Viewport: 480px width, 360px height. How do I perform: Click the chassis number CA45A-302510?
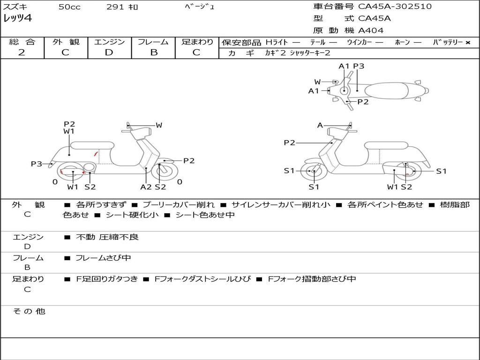(395, 7)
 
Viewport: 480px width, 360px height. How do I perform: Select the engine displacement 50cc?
(69, 7)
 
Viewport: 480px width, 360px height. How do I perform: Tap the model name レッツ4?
(17, 19)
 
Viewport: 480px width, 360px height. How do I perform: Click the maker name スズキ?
(15, 7)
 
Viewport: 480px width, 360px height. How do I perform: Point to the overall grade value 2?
(22, 52)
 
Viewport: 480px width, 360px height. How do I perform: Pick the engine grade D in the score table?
(109, 52)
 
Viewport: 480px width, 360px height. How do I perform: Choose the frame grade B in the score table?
(153, 52)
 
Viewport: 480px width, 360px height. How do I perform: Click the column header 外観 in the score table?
(66, 42)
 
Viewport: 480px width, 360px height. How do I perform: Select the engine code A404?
(371, 30)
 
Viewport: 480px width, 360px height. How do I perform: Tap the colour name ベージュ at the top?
(200, 7)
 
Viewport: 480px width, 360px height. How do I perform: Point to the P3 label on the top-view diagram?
(359, 66)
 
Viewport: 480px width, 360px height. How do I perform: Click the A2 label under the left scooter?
(146, 187)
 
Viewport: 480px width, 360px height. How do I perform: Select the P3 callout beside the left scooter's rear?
(37, 164)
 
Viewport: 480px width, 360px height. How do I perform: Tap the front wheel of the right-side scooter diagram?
(313, 172)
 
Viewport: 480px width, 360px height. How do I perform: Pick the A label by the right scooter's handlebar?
(320, 125)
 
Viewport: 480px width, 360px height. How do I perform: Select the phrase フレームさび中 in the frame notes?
(103, 258)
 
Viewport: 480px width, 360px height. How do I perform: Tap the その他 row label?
(29, 311)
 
